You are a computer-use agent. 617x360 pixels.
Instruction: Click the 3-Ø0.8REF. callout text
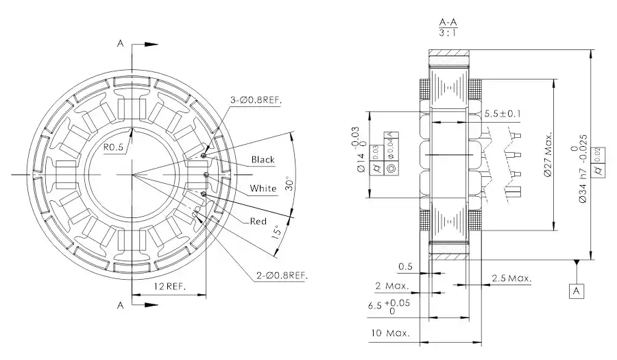coord(257,99)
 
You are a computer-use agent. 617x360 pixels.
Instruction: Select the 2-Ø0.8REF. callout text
coord(282,275)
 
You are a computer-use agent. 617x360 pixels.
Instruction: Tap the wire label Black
coord(263,160)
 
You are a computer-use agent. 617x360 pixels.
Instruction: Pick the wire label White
coord(263,189)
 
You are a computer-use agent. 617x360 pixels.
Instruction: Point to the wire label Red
coord(258,221)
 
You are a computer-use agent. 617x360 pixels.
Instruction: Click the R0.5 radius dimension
coord(113,147)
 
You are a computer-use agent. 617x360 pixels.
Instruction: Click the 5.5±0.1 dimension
coord(502,113)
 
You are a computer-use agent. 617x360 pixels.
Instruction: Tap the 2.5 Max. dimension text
coord(511,278)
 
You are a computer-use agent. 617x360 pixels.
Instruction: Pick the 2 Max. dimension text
coord(392,285)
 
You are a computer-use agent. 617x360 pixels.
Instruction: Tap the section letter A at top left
coord(120,44)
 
